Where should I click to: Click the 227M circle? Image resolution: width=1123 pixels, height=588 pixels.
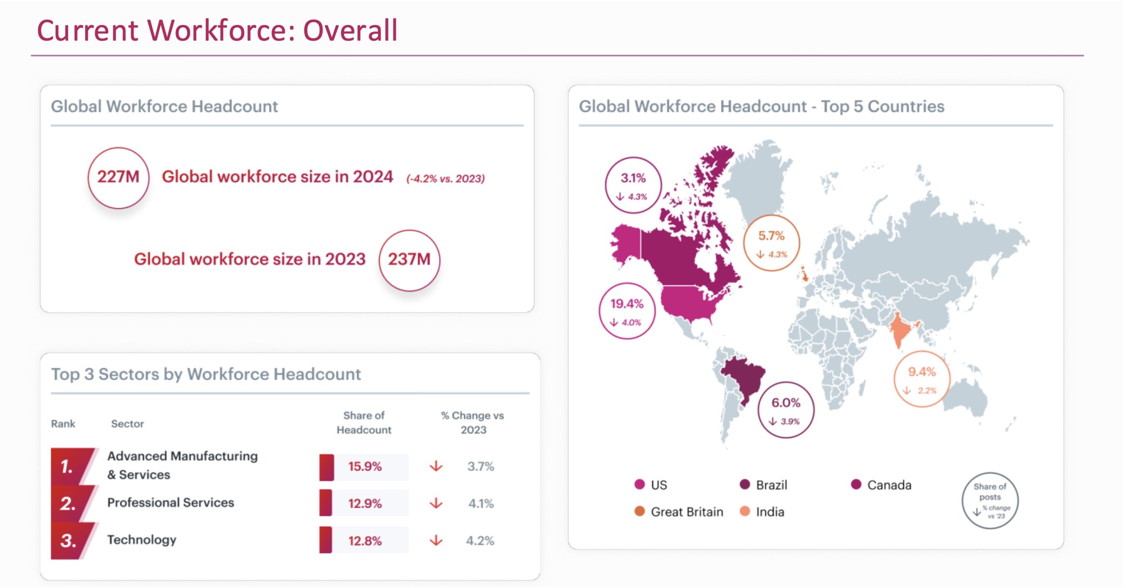(118, 178)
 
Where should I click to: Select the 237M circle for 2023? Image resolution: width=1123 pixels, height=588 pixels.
(409, 260)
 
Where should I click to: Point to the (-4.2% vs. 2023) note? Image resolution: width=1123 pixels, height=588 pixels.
(445, 179)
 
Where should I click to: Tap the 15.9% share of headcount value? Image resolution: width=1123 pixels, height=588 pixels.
(364, 467)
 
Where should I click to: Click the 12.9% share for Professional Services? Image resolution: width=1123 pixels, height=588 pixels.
(364, 504)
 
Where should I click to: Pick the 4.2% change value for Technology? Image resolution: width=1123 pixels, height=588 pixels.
(480, 541)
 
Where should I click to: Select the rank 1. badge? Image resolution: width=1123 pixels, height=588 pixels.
(70, 467)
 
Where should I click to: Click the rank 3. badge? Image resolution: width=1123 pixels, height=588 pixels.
(70, 541)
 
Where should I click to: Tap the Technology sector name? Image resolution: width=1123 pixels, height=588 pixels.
(142, 540)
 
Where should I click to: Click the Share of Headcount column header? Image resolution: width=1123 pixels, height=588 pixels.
(364, 422)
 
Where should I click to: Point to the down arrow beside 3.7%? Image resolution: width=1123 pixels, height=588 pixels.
(436, 467)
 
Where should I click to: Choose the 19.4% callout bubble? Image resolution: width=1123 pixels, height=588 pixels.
(627, 311)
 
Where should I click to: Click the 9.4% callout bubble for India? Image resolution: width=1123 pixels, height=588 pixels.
(922, 379)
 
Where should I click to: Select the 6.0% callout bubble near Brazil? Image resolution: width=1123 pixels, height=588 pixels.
(786, 410)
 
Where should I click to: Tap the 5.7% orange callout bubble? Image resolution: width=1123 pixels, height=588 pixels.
(771, 243)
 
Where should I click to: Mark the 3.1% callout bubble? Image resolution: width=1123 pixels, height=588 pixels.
(633, 185)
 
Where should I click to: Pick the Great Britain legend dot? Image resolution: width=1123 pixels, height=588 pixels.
(640, 511)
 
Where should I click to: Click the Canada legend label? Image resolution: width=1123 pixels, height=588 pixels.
(889, 485)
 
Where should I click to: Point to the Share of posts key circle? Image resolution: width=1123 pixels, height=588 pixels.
(989, 500)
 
